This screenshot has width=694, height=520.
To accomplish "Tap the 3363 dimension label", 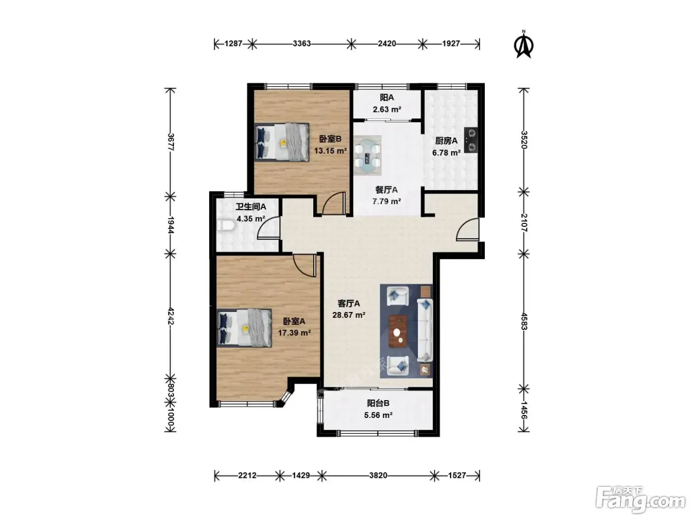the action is (x=301, y=44).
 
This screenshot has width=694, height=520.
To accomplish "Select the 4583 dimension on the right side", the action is (x=524, y=321).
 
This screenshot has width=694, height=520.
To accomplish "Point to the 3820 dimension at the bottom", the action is (x=378, y=475).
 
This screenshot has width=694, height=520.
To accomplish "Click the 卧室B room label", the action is (x=330, y=139).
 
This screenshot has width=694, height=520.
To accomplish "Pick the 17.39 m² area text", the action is (x=294, y=333).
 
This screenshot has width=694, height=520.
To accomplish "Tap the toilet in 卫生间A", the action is (x=226, y=225).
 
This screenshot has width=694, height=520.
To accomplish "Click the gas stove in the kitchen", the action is (x=470, y=140).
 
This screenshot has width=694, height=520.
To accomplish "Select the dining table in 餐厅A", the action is (x=367, y=156).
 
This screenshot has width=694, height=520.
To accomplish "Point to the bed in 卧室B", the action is (x=282, y=142).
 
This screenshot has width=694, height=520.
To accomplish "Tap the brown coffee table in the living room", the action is (x=398, y=331).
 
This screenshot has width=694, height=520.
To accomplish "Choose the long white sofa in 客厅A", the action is (x=425, y=330).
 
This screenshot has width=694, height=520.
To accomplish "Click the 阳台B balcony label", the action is (x=378, y=403).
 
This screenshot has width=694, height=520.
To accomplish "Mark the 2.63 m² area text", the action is (x=387, y=109).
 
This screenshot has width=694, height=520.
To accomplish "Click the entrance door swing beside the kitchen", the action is (x=467, y=229).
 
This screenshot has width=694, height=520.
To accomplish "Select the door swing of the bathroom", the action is (x=269, y=227).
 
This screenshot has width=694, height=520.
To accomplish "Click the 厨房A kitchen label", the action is (x=446, y=141).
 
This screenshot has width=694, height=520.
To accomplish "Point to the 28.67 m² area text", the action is (x=349, y=315).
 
